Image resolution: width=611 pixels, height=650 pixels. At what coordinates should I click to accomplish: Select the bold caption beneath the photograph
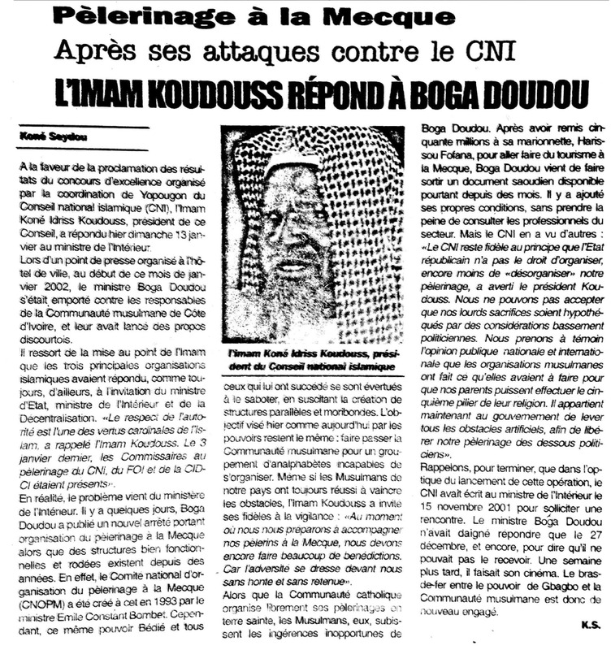tap(314, 361)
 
